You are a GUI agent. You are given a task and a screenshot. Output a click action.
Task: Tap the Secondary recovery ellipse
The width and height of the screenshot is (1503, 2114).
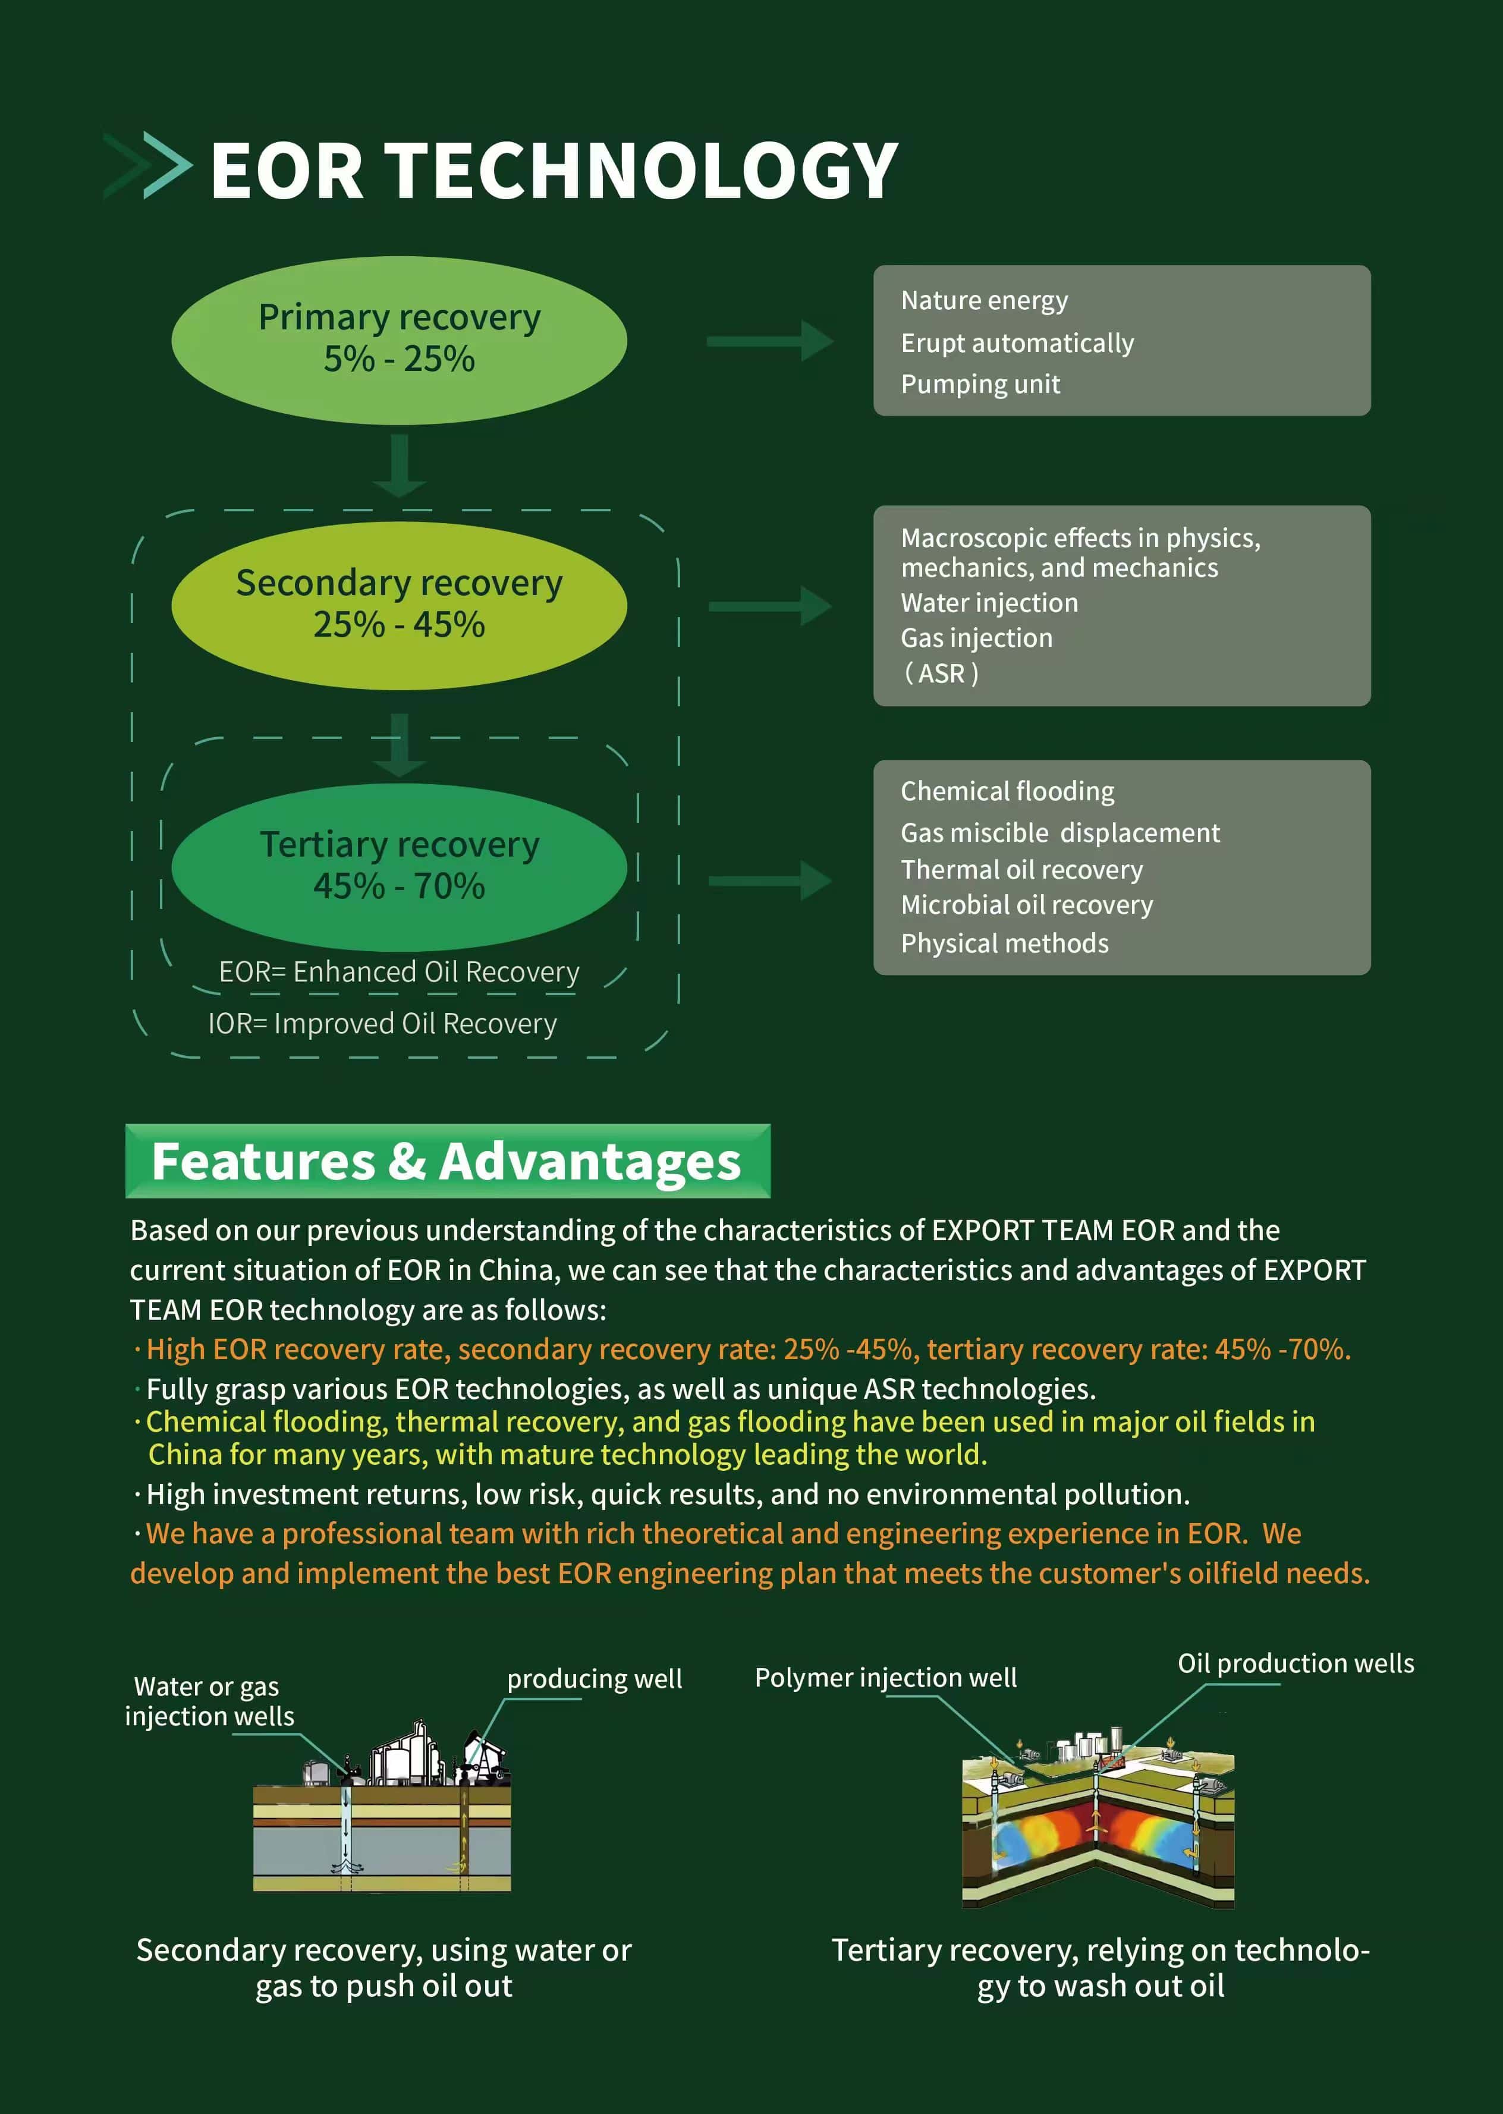tap(399, 605)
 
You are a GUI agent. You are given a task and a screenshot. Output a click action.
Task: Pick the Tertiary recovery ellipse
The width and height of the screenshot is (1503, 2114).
tap(399, 867)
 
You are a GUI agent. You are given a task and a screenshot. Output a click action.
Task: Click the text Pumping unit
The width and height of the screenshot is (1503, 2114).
tap(980, 384)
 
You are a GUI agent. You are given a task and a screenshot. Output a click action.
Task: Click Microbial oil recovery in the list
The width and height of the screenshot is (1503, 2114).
tap(1026, 905)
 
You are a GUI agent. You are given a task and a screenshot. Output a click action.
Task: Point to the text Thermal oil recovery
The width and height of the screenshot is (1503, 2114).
tap(1022, 870)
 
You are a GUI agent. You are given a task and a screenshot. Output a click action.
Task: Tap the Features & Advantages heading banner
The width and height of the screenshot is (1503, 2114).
tap(447, 1161)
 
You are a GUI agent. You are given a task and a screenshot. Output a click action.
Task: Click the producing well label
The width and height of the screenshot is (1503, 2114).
tap(594, 1679)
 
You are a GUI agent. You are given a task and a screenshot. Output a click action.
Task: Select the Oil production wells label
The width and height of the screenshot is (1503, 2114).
tap(1295, 1663)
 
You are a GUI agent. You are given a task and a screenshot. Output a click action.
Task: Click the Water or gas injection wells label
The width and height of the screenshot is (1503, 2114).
tap(209, 1701)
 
